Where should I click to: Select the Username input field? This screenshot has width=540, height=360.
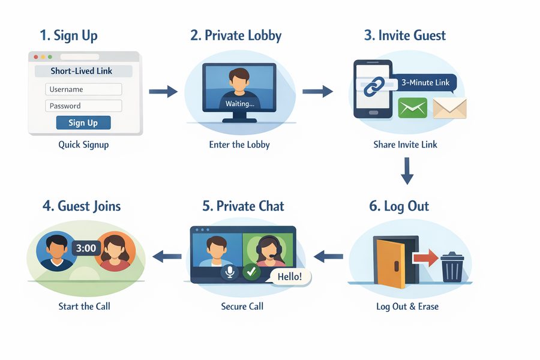(x=83, y=89)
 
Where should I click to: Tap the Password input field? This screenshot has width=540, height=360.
(x=83, y=106)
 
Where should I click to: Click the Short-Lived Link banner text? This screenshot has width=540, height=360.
(x=82, y=71)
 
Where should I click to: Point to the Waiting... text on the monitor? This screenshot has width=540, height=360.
(x=239, y=104)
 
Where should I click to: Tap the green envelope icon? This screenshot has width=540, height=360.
(x=412, y=108)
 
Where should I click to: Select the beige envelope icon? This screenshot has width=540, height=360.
(x=449, y=108)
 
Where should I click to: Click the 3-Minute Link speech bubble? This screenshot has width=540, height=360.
(x=426, y=83)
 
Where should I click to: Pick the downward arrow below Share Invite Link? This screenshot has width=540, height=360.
(x=407, y=170)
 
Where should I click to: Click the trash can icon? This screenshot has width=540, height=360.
(x=452, y=266)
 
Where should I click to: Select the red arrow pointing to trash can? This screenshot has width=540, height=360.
(x=425, y=258)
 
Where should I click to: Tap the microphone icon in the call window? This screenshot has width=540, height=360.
(x=229, y=272)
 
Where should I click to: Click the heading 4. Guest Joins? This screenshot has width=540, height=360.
(x=82, y=206)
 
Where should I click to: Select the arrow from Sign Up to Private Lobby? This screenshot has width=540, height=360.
(x=163, y=91)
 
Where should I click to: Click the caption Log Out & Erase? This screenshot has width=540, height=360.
(x=407, y=307)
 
